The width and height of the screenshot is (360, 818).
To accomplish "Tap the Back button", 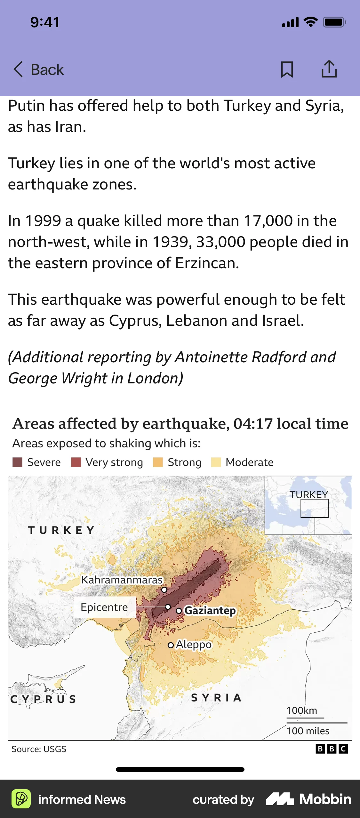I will tap(39, 69).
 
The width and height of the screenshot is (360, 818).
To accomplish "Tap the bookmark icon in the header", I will tap(287, 69).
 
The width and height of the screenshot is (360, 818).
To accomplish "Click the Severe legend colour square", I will tap(17, 462).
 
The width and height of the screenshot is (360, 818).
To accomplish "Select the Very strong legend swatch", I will tap(76, 462).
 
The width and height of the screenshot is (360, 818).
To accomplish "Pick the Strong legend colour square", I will tap(158, 462).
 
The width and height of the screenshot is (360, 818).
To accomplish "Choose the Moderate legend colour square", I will tap(216, 462).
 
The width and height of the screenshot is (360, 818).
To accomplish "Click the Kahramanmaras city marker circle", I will tap(164, 589).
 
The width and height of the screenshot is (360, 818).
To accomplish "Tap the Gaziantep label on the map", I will tap(210, 610).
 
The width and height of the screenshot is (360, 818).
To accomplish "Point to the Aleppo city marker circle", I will tap(171, 645).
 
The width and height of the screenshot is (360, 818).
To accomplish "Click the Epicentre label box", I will tap(104, 607).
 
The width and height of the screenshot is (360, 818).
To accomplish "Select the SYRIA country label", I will tap(216, 698).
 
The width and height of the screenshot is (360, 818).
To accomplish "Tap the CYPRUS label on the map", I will tap(43, 699).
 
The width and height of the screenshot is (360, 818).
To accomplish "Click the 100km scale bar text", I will tap(301, 710).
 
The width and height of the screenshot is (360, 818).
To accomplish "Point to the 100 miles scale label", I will tap(308, 731).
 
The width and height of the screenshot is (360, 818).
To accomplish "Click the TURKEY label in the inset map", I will tap(309, 494).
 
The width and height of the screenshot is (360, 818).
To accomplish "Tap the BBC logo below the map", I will tap(332, 749).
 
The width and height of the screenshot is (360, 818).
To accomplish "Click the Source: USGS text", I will tap(39, 749).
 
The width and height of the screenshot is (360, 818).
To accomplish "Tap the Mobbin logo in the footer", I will tap(309, 799).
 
